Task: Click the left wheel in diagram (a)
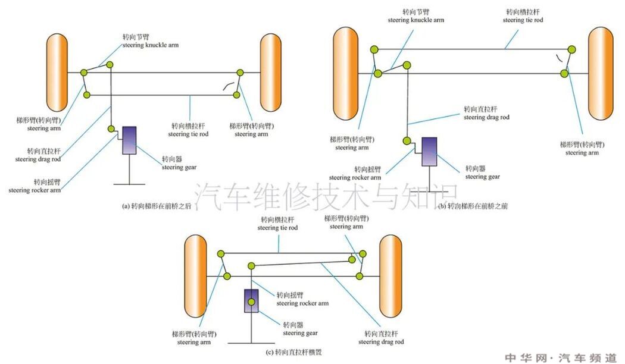pos(57,73)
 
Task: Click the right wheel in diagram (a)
pos(270,73)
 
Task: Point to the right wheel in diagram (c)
pos(391,276)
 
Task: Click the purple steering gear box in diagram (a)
pos(129,140)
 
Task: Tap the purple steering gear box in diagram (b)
pos(429,152)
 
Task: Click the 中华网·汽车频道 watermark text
pos(561,357)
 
